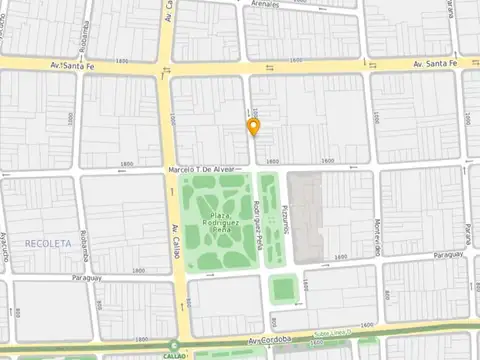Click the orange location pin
coord(254,127)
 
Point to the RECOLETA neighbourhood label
coord(49,243)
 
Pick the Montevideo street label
coord(378,237)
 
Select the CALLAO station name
coord(174,354)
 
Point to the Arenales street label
coord(265,5)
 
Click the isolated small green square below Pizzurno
coord(283,289)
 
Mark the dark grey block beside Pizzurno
coord(305,215)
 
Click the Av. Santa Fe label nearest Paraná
coord(434,64)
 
